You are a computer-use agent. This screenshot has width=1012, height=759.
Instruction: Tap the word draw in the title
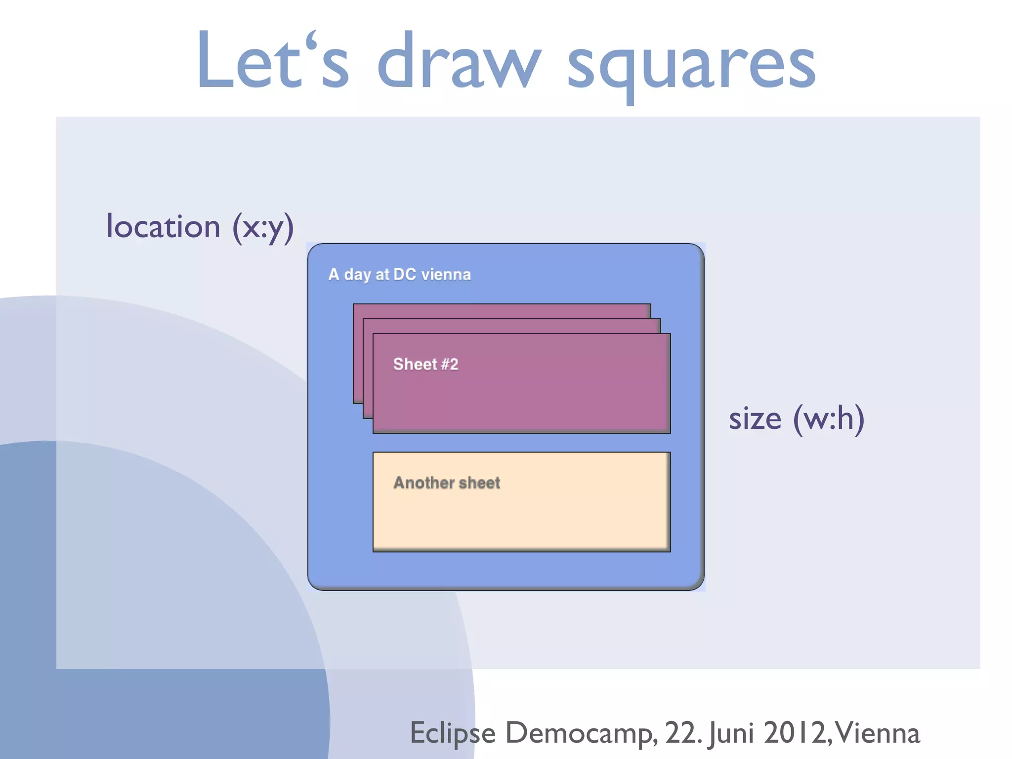[459, 62]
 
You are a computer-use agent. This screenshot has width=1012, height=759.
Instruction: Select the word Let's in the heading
[273, 62]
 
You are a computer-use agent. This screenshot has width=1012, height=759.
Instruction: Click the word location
[163, 227]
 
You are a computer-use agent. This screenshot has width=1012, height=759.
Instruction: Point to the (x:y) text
[263, 228]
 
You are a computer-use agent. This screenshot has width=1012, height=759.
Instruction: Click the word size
[755, 419]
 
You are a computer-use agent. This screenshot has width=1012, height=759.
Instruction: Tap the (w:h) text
[829, 419]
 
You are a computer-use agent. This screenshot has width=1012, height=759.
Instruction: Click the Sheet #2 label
[425, 364]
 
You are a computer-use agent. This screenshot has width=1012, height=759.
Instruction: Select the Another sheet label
[447, 483]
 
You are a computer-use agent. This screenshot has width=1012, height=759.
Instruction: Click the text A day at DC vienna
[399, 274]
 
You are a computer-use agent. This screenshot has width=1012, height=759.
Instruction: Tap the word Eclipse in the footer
[453, 733]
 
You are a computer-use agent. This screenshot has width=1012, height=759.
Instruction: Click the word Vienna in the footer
[877, 733]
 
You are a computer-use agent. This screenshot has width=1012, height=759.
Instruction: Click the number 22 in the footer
[681, 733]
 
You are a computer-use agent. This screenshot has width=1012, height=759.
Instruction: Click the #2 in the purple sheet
[449, 364]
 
